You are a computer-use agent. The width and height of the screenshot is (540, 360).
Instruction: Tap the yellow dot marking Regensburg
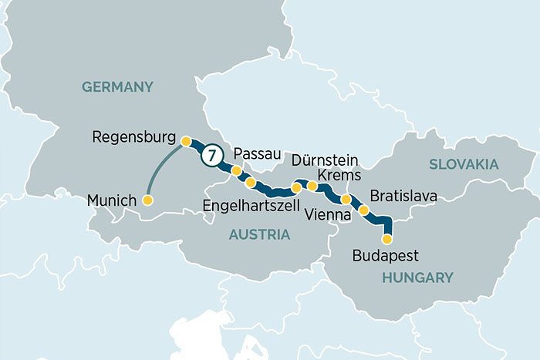(x=186, y=141)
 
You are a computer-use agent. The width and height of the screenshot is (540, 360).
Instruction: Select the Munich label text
(x=112, y=200)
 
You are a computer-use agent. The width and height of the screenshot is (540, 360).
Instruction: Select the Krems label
(x=339, y=176)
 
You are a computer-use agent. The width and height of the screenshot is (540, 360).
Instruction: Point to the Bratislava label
(x=403, y=196)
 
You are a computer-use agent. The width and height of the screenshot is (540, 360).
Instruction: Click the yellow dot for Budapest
(x=387, y=239)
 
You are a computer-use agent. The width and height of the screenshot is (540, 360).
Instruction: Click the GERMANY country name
(x=118, y=87)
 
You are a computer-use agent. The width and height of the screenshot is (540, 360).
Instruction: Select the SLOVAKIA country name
(x=464, y=164)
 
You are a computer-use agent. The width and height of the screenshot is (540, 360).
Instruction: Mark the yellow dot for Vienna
(x=346, y=200)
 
